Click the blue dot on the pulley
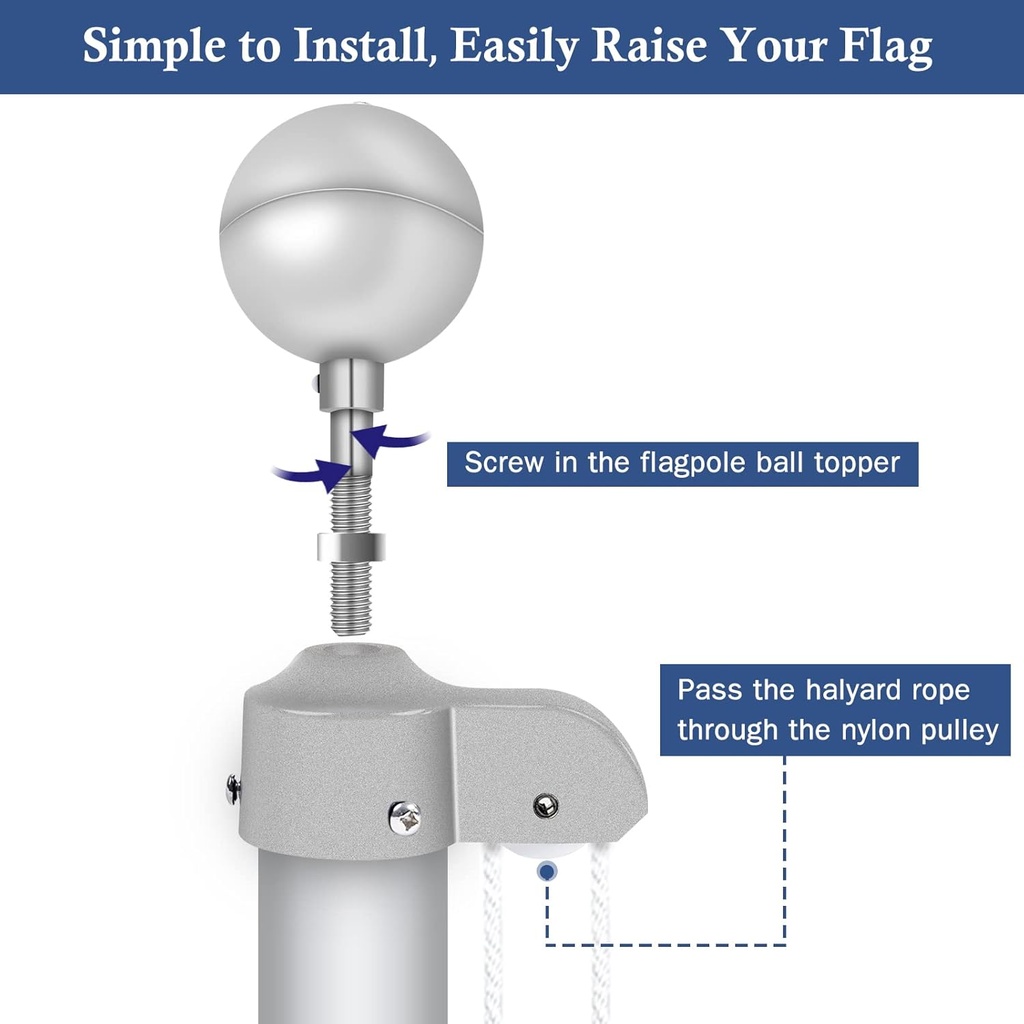click(546, 872)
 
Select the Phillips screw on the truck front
click(405, 818)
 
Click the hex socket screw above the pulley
click(545, 805)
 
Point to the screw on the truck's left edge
click(232, 788)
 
